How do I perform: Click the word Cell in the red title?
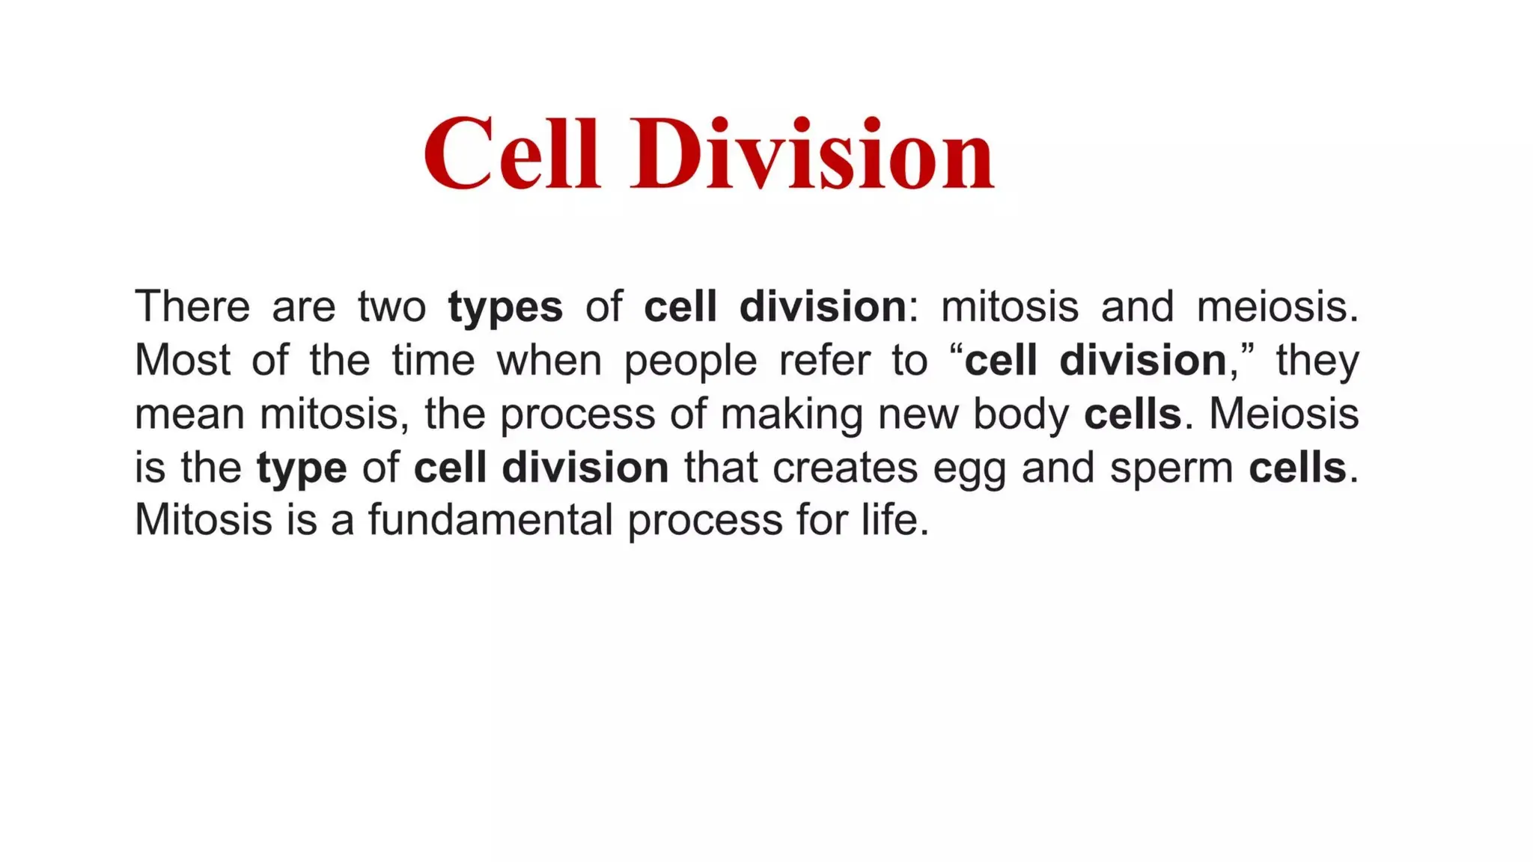click(512, 154)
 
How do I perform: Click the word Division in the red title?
click(812, 154)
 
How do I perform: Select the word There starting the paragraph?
click(192, 307)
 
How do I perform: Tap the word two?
click(391, 307)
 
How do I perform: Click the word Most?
click(183, 361)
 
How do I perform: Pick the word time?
click(433, 361)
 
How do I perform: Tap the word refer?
click(824, 361)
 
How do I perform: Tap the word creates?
click(845, 468)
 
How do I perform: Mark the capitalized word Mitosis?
click(203, 520)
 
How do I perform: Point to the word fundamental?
click(490, 520)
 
